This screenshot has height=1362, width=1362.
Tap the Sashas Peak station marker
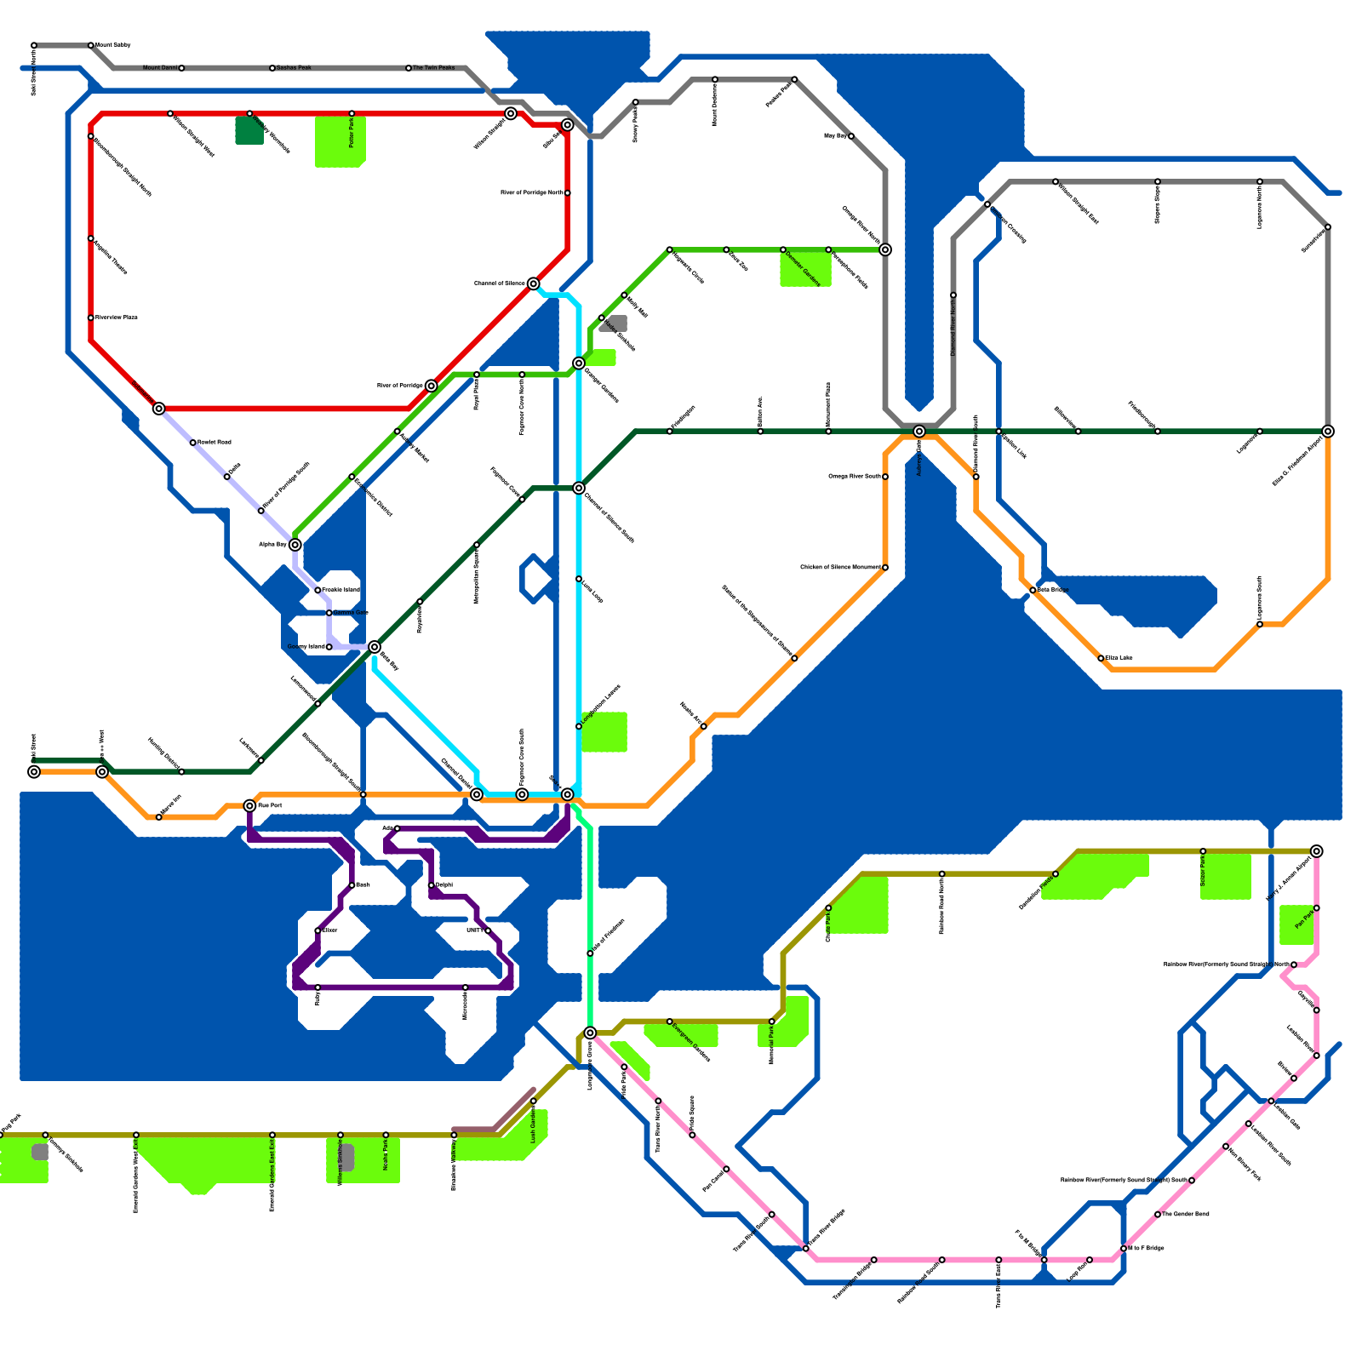coord(272,68)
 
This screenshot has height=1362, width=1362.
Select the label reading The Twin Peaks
coord(434,67)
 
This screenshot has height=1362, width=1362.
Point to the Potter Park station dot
coord(352,113)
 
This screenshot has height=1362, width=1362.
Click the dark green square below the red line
coord(249,130)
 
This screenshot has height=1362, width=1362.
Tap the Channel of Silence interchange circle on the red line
coord(533,283)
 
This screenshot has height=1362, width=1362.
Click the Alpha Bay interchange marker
coord(295,545)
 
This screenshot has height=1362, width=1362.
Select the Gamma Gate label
coord(351,613)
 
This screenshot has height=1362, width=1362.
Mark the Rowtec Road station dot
coord(193,443)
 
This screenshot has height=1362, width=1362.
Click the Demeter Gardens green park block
coord(805,269)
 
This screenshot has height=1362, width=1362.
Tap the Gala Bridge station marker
coord(1033,590)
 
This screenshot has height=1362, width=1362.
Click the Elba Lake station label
coord(1119,658)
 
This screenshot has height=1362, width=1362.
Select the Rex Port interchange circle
coord(249,805)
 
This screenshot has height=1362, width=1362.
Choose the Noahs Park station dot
coord(386,1135)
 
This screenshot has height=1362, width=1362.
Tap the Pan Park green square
coord(1296,924)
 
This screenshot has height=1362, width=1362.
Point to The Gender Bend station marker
coord(1158,1215)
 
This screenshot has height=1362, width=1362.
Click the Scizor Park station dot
coord(1203,851)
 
